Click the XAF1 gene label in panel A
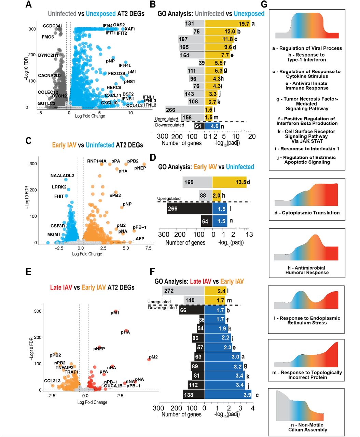(x=130, y=29)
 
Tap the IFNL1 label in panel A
(x=149, y=97)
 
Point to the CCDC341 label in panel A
(x=53, y=26)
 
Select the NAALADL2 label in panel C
(x=62, y=176)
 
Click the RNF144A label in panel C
(x=97, y=161)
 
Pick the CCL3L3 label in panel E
(x=52, y=381)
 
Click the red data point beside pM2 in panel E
(x=149, y=360)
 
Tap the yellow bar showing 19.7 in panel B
(x=227, y=24)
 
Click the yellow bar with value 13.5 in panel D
(x=229, y=182)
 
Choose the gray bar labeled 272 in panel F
(x=183, y=291)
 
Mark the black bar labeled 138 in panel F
(x=194, y=395)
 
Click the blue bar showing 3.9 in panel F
(x=228, y=395)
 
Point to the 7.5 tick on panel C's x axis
(x=148, y=248)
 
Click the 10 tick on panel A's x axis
(x=130, y=113)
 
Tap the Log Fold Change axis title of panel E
(x=92, y=402)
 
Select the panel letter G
(x=264, y=4)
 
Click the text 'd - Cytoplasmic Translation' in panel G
(x=307, y=213)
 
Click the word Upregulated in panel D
(x=169, y=198)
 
